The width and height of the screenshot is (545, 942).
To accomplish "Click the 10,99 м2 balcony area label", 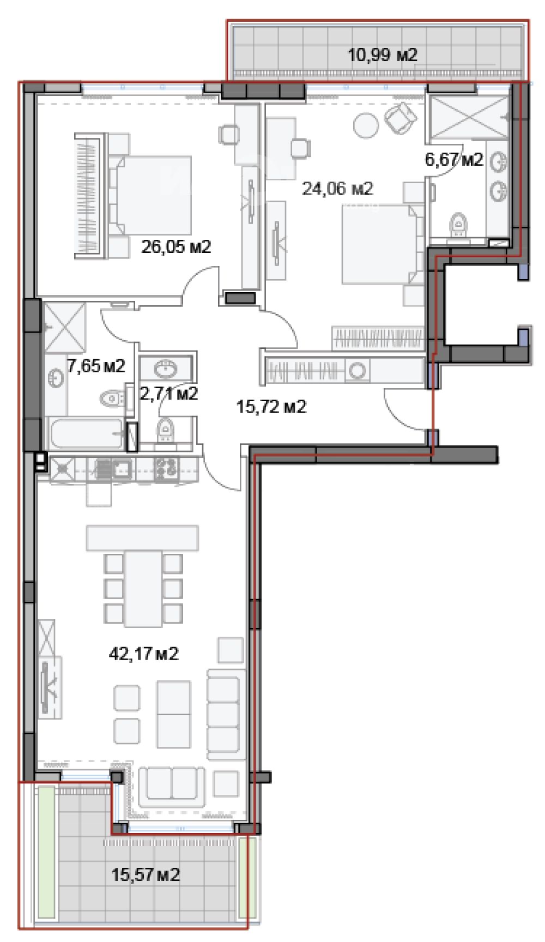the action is (x=383, y=55).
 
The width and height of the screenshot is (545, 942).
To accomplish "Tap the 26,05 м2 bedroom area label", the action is (x=176, y=247).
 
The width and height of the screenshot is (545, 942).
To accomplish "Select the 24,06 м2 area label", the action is (x=337, y=189).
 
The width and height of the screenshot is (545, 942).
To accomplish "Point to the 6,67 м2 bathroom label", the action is (x=454, y=159).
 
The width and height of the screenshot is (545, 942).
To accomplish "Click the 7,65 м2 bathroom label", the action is (x=96, y=366).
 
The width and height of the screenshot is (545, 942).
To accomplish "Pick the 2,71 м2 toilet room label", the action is (x=168, y=393).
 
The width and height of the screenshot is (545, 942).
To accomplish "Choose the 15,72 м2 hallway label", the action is (x=271, y=407).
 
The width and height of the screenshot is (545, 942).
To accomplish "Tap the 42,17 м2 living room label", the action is (x=144, y=653).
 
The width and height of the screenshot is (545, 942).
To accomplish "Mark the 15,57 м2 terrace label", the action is (x=146, y=875).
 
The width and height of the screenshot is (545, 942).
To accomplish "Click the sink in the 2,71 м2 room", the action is (x=166, y=370).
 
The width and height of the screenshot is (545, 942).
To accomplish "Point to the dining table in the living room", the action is (x=143, y=588).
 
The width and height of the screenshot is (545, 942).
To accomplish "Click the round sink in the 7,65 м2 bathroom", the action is (x=56, y=378).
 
